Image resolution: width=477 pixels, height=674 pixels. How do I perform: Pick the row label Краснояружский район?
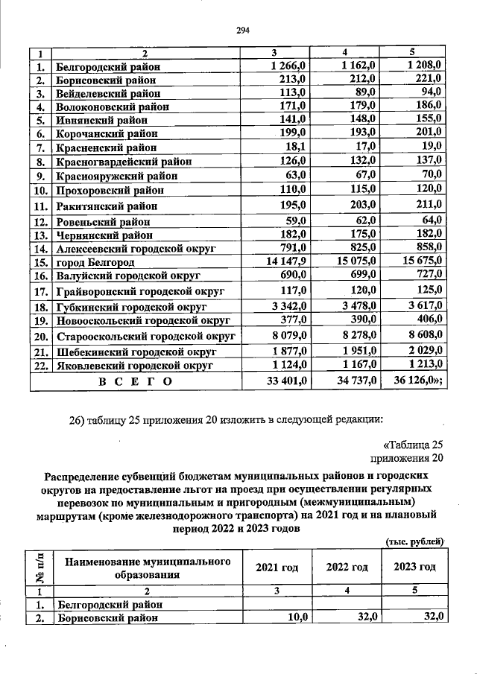[117, 177]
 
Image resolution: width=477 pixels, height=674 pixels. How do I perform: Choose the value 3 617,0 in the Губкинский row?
[421, 306]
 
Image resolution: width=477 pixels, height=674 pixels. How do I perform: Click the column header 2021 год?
[277, 568]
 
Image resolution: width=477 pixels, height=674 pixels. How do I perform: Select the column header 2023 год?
[414, 567]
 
